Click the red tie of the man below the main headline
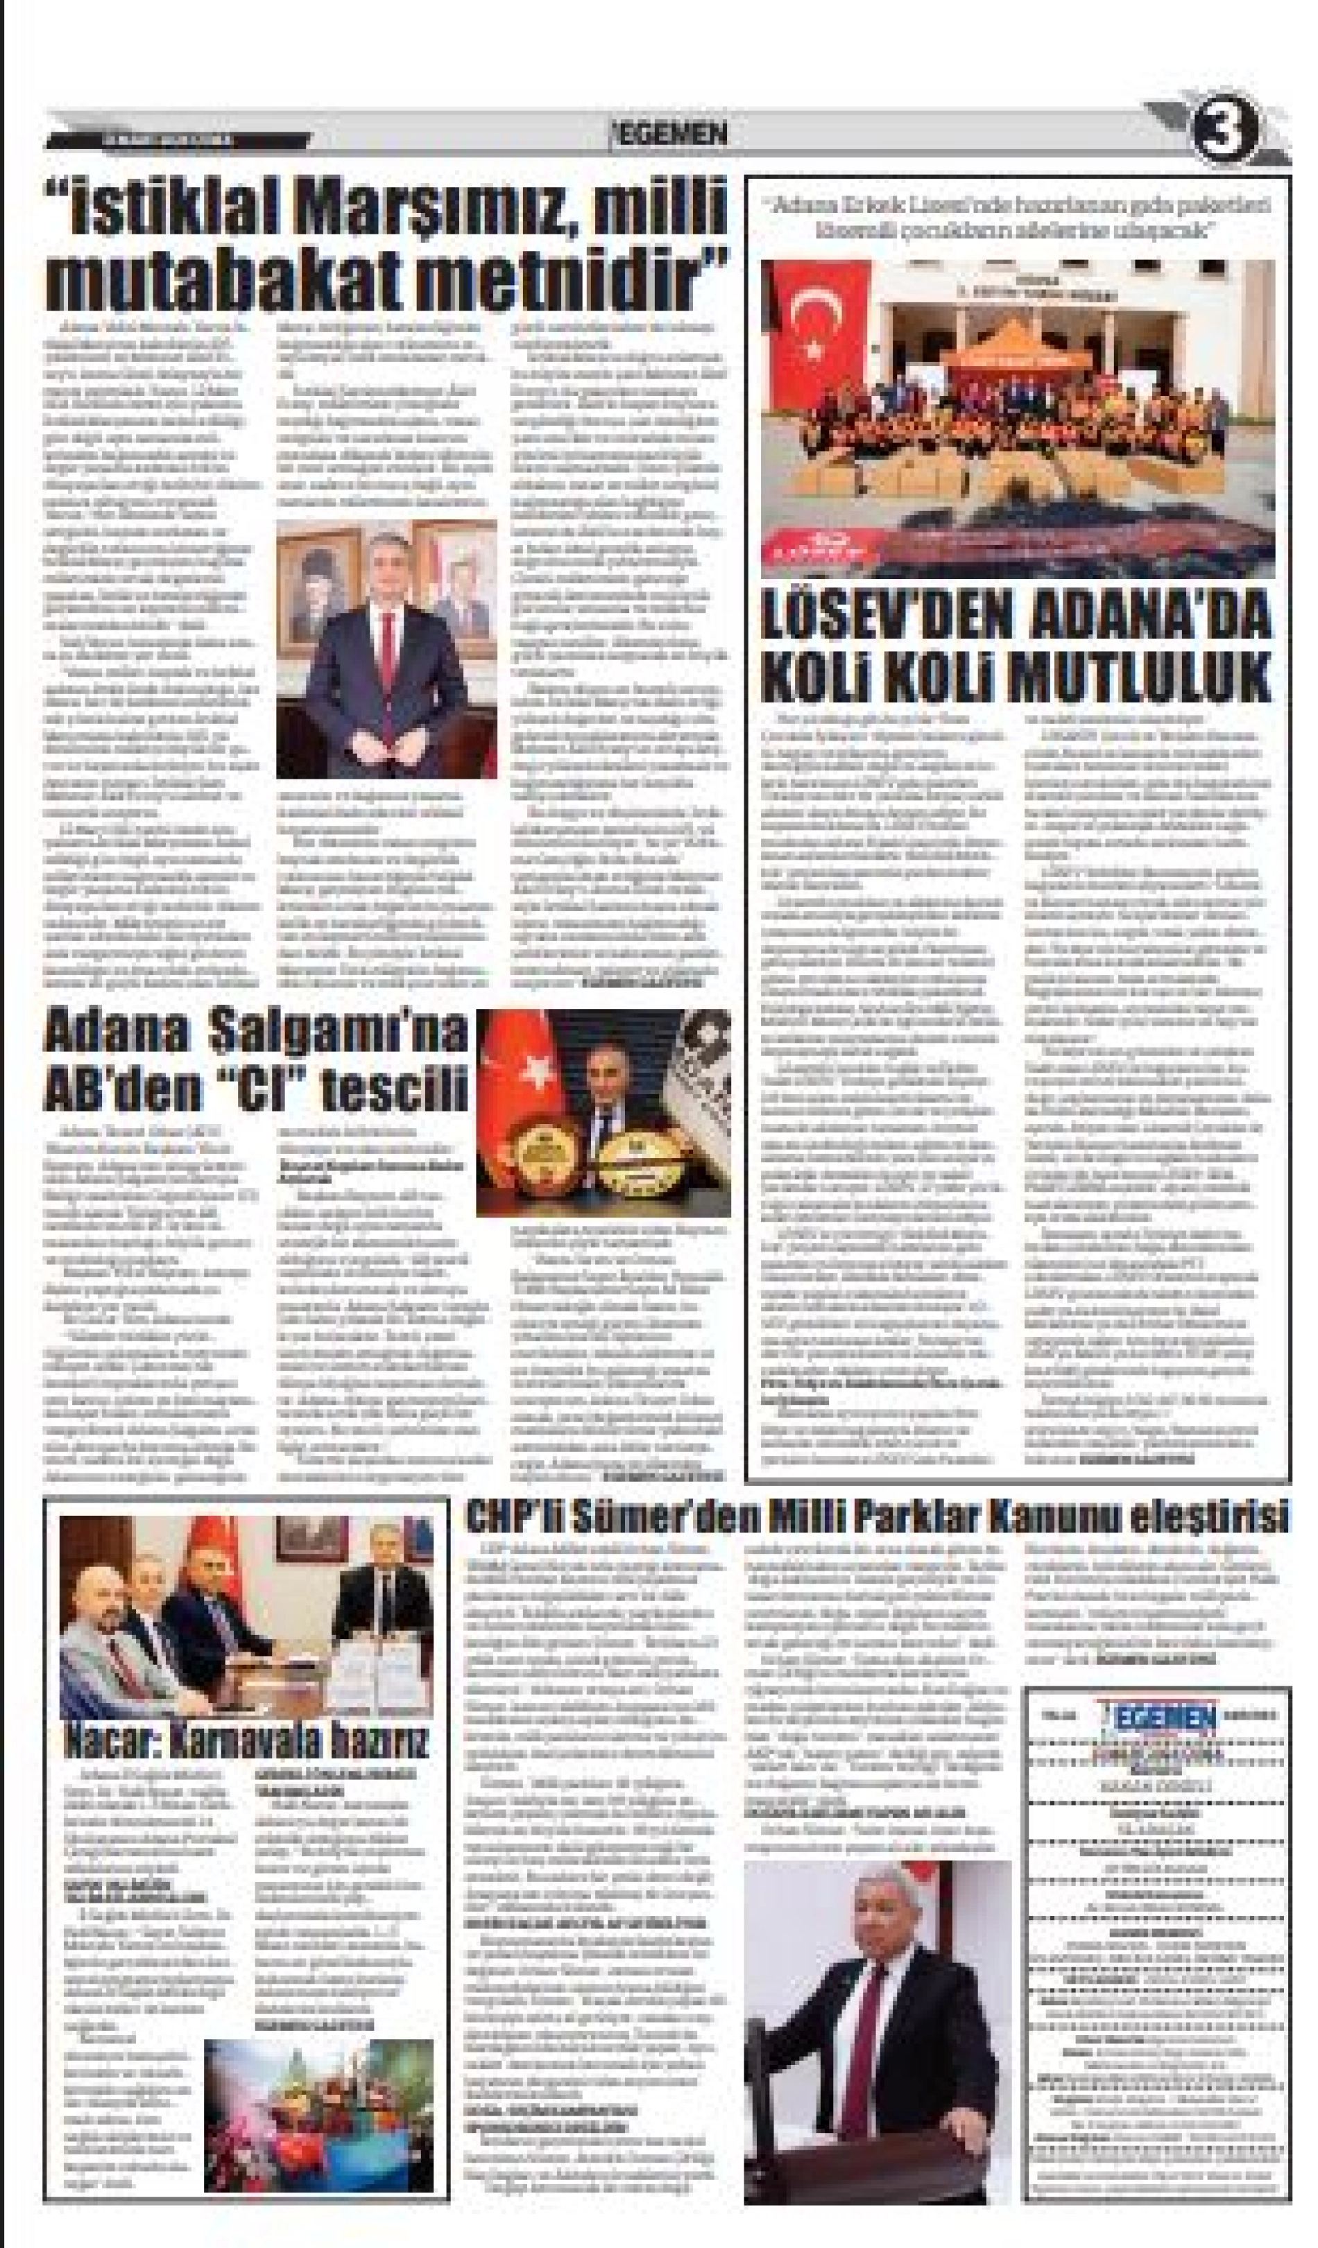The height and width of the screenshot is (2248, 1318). pos(386,647)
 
